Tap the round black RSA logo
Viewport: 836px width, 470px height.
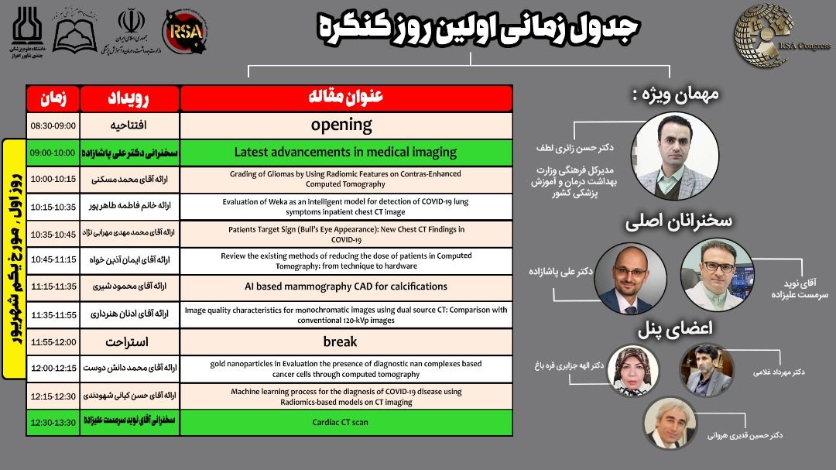(184, 33)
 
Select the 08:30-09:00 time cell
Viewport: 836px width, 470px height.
(53, 125)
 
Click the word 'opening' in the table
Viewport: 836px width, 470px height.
(341, 125)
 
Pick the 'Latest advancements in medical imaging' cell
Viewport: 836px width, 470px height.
(345, 153)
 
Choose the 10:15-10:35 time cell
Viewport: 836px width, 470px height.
(53, 207)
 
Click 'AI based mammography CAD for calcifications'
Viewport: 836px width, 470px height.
(346, 286)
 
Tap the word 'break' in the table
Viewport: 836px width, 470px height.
(340, 341)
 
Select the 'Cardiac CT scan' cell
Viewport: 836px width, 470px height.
(345, 422)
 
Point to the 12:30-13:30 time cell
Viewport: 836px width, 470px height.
(53, 422)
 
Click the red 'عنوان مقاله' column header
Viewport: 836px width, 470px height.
(346, 98)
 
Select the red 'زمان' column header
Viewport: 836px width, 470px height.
(53, 98)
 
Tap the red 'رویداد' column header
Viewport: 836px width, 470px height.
(131, 98)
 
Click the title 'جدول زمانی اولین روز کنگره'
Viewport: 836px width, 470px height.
(478, 29)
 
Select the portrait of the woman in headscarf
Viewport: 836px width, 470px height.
(633, 370)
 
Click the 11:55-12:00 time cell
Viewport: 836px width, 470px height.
(53, 341)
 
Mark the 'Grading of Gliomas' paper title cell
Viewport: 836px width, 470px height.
(345, 179)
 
